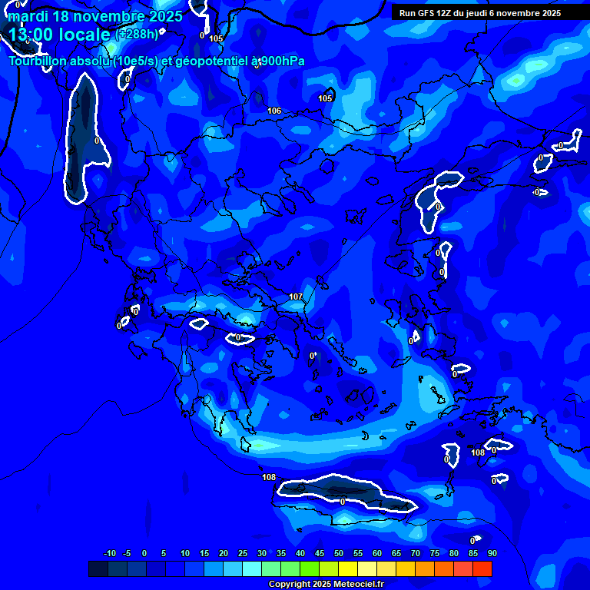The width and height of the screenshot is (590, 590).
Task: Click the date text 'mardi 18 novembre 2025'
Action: (x=95, y=16)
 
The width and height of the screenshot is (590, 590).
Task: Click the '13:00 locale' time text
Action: (x=59, y=35)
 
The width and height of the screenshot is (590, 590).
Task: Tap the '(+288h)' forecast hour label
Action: (x=137, y=35)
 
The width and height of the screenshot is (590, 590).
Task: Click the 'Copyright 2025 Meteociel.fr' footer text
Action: (x=326, y=584)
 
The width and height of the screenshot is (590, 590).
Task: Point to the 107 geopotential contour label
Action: (x=296, y=297)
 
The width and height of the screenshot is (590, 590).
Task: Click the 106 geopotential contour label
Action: (x=274, y=111)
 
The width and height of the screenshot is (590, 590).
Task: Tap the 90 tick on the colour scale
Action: (x=492, y=553)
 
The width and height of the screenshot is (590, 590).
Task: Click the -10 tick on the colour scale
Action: (x=109, y=553)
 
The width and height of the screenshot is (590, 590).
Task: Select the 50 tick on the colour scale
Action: (x=338, y=553)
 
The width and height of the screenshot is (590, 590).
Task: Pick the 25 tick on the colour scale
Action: (x=242, y=553)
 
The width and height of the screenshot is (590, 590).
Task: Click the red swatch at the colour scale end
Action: (x=482, y=568)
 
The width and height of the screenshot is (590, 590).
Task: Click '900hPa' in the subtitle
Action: (x=283, y=61)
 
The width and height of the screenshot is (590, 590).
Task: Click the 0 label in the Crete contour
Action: (x=342, y=501)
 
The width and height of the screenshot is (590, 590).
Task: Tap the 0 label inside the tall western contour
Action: (x=97, y=141)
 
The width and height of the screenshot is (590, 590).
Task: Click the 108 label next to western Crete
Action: (x=269, y=477)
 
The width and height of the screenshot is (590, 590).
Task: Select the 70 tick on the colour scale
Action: (x=415, y=553)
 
